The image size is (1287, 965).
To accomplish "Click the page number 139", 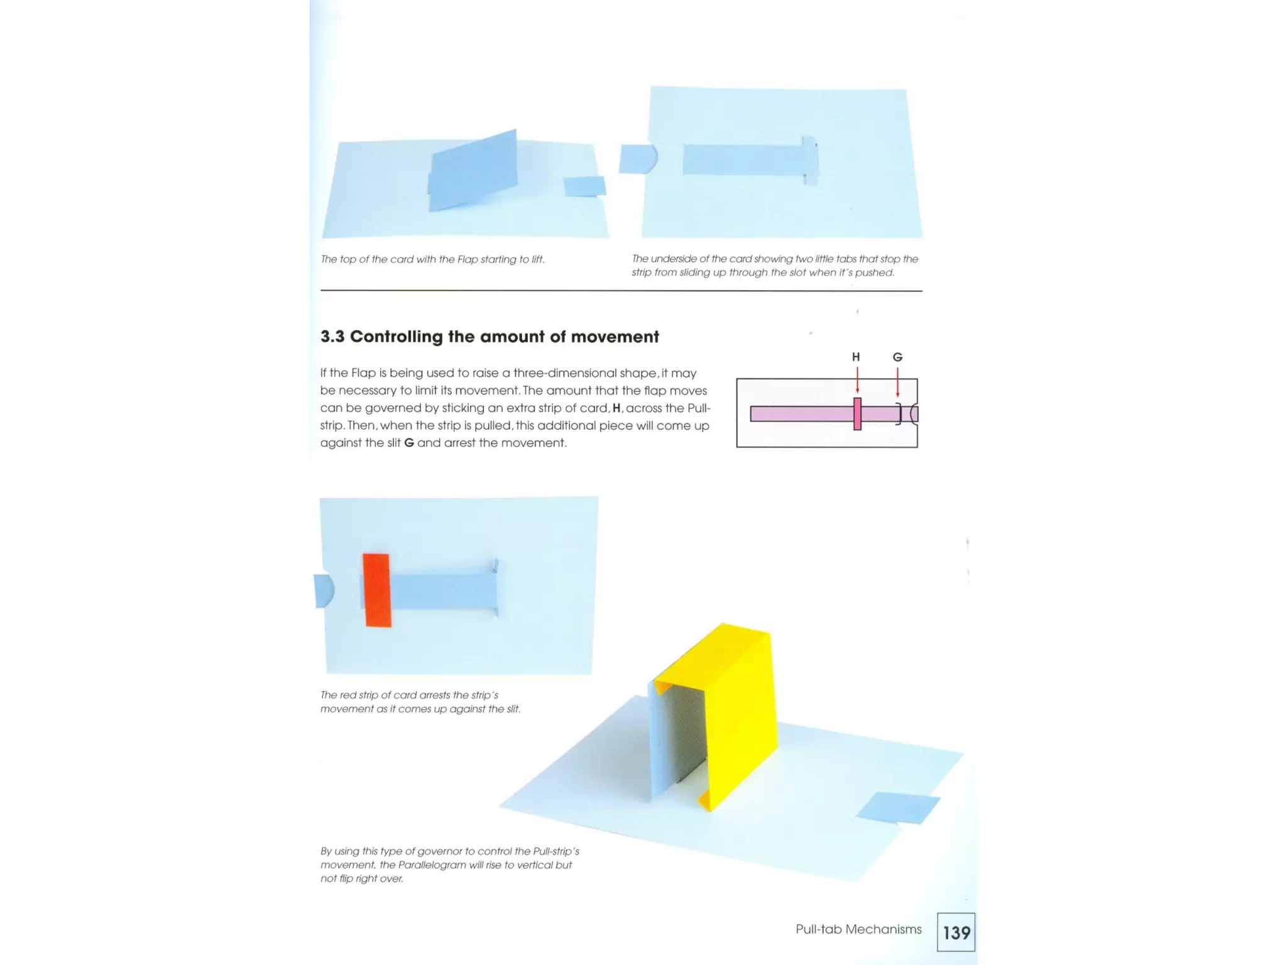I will click(956, 932).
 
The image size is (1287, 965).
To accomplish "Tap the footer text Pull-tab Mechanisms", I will click(858, 929).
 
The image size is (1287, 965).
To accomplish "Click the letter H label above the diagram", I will click(855, 357).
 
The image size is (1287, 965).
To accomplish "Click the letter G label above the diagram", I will click(897, 357).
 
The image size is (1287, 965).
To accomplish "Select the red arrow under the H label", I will click(857, 380).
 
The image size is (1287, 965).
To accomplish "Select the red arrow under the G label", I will click(897, 382).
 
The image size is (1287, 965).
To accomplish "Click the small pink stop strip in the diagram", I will click(857, 413).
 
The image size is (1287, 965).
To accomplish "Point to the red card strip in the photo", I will click(377, 590).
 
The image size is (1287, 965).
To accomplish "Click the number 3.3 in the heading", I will click(332, 337).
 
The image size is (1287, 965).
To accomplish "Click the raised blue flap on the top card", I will click(474, 171).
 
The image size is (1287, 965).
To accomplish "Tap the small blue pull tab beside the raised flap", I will click(584, 186).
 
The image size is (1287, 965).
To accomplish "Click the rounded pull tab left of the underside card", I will click(637, 159).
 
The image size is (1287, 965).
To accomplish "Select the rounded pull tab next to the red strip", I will click(324, 591).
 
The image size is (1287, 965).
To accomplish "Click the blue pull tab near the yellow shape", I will click(897, 807).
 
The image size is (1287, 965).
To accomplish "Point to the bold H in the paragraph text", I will click(616, 408).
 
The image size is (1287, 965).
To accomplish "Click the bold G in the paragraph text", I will click(408, 443).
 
